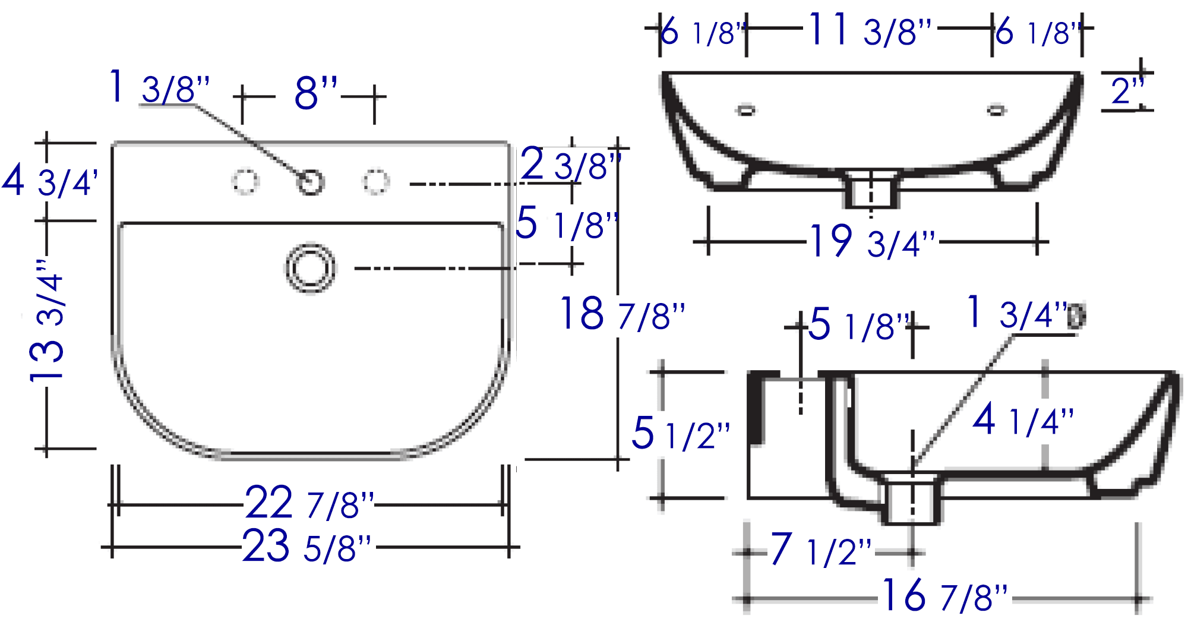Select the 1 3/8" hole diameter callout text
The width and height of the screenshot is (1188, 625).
(160, 87)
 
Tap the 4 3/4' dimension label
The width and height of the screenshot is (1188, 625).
(50, 181)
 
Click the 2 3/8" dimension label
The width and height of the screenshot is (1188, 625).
(571, 164)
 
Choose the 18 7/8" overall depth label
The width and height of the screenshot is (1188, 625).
(623, 314)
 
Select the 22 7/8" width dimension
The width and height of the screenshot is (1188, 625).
(309, 503)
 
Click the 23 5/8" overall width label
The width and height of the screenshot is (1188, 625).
(307, 546)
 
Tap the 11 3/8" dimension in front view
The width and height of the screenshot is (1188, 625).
(870, 30)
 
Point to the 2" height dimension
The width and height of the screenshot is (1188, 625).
(1127, 91)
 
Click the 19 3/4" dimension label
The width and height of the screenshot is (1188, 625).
(873, 241)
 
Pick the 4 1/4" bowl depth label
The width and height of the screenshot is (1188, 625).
(1023, 419)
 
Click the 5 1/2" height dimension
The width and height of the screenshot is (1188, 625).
(681, 433)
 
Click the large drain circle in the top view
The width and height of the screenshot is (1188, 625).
(310, 268)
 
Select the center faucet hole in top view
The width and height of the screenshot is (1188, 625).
(310, 182)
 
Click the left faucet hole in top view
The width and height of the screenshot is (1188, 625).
(245, 182)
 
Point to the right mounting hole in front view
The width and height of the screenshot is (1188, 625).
(996, 110)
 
